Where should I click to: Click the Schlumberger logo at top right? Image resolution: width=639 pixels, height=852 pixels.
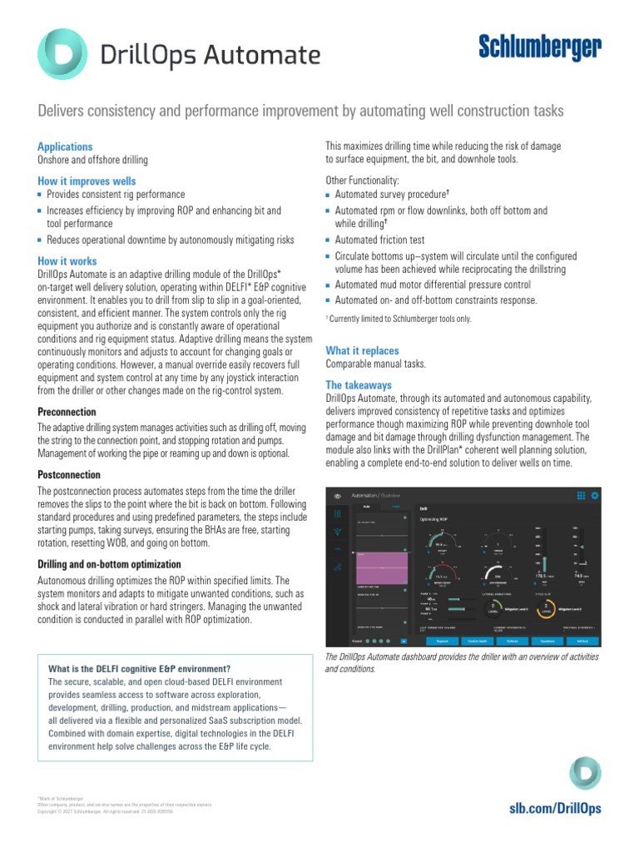coord(539,49)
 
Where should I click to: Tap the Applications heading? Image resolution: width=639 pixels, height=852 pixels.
coord(65,146)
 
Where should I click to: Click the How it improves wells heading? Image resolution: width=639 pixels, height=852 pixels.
coord(87,181)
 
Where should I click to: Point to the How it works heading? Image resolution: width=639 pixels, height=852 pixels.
coord(67,260)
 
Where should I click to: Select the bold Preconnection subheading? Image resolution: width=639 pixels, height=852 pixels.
coord(67,412)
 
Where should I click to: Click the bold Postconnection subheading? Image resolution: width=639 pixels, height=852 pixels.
coord(70,475)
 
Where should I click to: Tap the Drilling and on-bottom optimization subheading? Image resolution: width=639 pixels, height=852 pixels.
coord(109,564)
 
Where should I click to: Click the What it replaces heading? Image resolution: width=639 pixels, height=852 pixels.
coord(362,350)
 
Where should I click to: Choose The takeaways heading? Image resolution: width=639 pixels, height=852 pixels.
coord(358,385)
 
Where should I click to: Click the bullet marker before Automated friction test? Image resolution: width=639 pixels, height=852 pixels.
coord(329,240)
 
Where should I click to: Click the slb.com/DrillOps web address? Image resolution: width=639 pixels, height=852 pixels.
coord(554,808)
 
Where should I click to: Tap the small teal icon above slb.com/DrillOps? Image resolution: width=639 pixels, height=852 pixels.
coord(585,773)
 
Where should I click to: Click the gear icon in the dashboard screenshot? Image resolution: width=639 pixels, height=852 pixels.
coord(595,495)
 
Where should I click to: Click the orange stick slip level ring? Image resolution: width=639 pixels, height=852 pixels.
coord(546,607)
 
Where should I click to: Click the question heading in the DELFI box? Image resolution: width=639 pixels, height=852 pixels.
coord(139,669)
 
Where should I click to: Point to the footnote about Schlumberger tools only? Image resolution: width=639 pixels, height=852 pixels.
coord(398,319)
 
